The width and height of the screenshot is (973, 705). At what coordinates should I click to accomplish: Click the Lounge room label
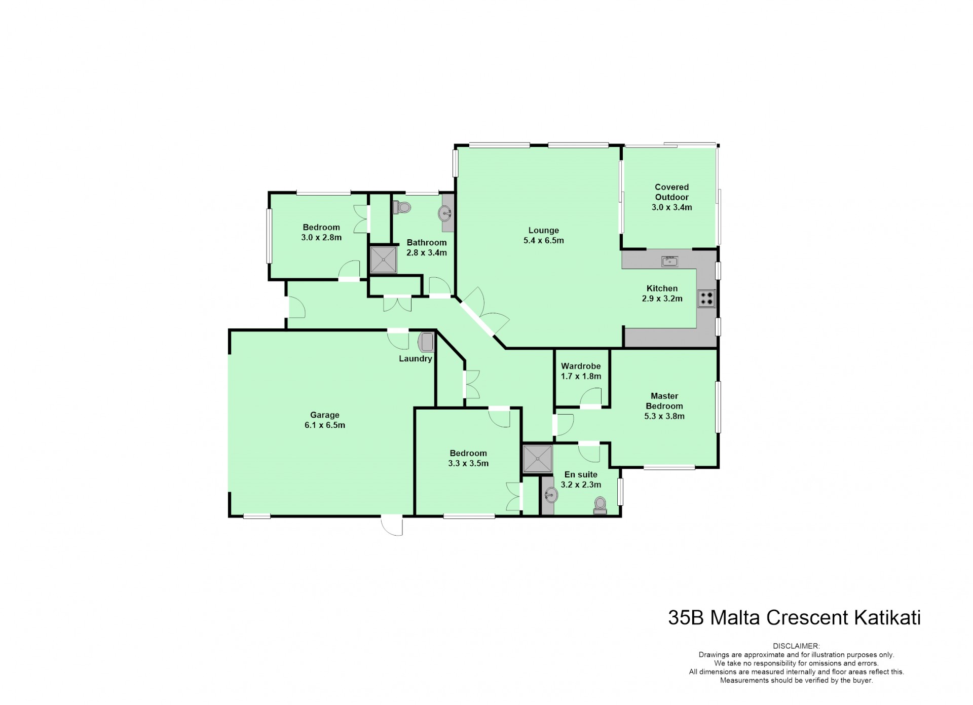[x=543, y=231]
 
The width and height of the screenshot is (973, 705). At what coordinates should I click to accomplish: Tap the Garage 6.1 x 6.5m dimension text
[x=325, y=425]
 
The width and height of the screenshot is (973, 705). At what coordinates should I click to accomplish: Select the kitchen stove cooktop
[x=706, y=299]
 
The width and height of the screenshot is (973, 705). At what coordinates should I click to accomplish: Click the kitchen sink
[x=670, y=262]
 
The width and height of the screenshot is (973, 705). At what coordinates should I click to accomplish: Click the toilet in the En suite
[x=600, y=505]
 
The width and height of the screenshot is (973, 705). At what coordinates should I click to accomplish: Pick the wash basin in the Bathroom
[x=445, y=213]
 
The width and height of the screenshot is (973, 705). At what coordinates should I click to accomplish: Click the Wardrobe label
[x=581, y=366]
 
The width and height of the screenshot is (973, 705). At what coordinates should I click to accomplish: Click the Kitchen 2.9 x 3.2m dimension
[x=662, y=299]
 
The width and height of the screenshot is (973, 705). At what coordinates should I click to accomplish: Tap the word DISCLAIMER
[x=796, y=646]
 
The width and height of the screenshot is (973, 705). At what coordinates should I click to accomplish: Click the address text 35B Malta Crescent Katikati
[x=794, y=618]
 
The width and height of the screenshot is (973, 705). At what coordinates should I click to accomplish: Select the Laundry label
[x=416, y=359]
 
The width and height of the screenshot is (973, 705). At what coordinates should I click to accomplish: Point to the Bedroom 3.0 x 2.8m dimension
[x=321, y=237]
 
